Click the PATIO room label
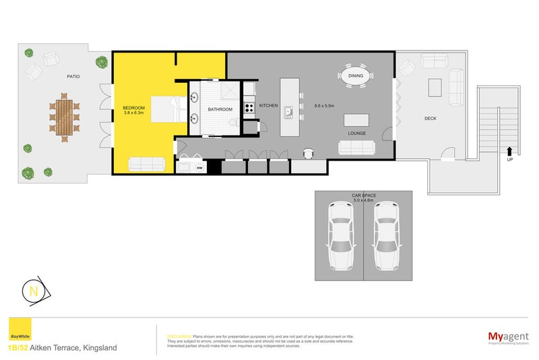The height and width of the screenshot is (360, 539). click(73, 77)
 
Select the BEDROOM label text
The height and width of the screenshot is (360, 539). click(135, 108)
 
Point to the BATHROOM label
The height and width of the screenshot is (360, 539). click(220, 109)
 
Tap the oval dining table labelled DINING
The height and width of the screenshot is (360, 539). click(356, 76)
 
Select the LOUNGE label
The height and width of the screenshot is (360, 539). click(356, 133)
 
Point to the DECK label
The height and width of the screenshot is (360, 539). click(431, 118)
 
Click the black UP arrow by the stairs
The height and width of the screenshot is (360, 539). click(509, 152)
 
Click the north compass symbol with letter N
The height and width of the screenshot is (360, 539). click(33, 291)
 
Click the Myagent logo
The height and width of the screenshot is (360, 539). click(506, 336)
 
